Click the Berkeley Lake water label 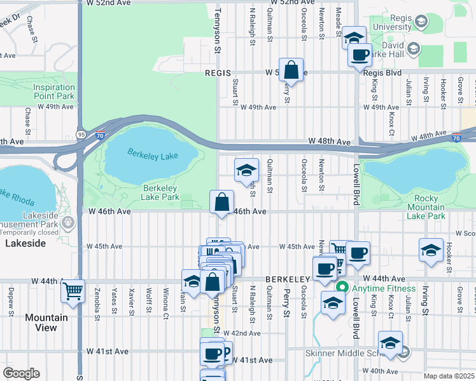click(151, 154)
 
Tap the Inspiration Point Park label click(54, 91)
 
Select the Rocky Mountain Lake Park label click(426, 207)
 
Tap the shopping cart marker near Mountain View click(73, 292)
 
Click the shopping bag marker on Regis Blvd click(291, 69)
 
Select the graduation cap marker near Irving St click(431, 250)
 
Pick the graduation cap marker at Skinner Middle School click(390, 342)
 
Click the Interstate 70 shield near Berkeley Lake click(100, 135)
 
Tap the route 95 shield click(81, 135)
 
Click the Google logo click(21, 373)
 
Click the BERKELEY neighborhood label click(287, 279)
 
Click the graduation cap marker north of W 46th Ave click(247, 170)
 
